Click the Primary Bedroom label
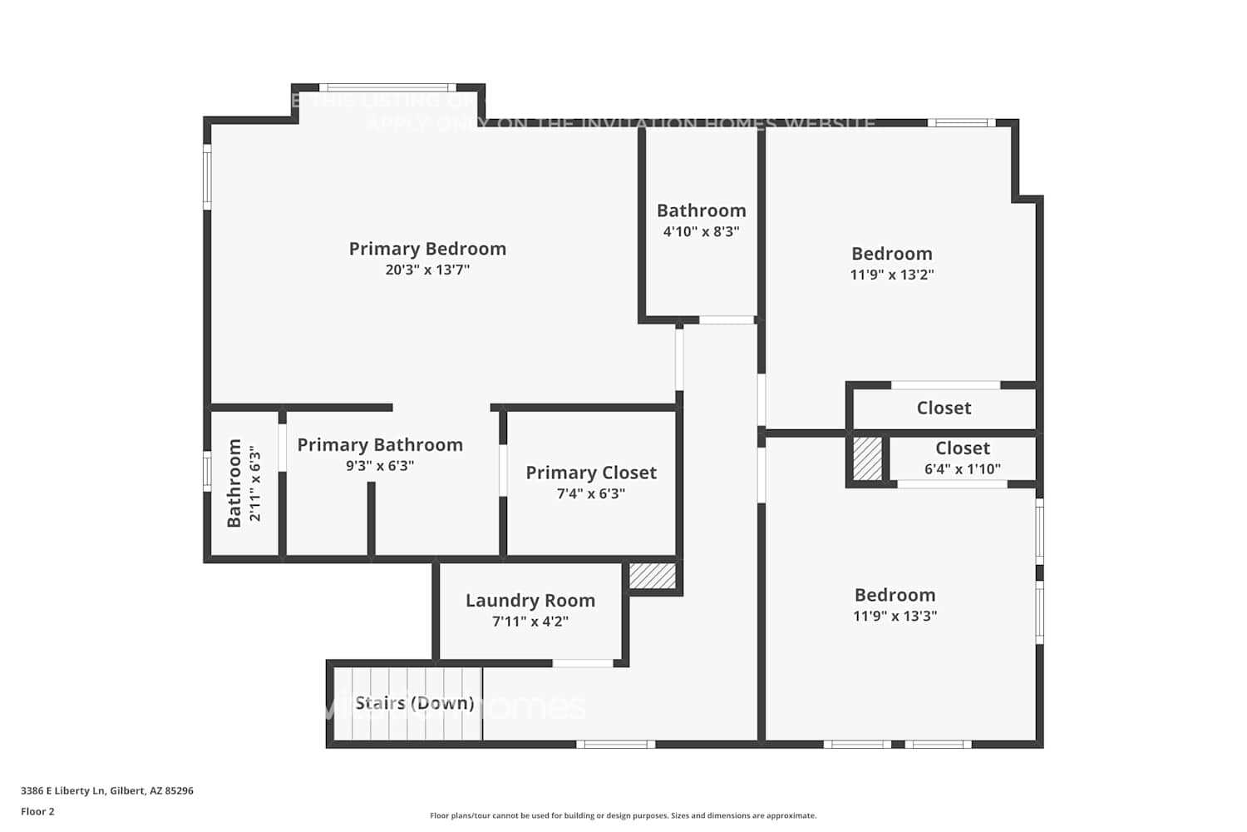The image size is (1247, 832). pyautogui.click(x=427, y=249)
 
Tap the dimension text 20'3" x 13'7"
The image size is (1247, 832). pyautogui.click(x=427, y=270)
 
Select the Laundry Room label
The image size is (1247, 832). pyautogui.click(x=530, y=601)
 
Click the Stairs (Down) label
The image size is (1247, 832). pyautogui.click(x=415, y=703)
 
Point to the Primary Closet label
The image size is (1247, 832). pyautogui.click(x=590, y=473)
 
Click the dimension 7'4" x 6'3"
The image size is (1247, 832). pyautogui.click(x=590, y=493)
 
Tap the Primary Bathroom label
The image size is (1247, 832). pyautogui.click(x=380, y=445)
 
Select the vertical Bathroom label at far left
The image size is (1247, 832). pyautogui.click(x=234, y=483)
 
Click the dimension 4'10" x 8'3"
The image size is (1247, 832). pyautogui.click(x=701, y=231)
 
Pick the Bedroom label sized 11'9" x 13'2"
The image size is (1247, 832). pyautogui.click(x=891, y=254)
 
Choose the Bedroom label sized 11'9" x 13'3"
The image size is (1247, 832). pyautogui.click(x=895, y=595)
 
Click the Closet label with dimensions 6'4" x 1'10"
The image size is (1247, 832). pyautogui.click(x=962, y=448)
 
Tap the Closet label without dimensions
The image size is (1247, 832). pyautogui.click(x=944, y=408)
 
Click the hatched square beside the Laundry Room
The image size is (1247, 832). pyautogui.click(x=653, y=577)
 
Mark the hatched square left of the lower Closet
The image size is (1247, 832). pyautogui.click(x=867, y=458)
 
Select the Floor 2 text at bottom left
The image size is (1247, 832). pyautogui.click(x=37, y=811)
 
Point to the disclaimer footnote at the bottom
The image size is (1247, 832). pyautogui.click(x=623, y=815)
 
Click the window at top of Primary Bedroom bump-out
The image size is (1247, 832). pyautogui.click(x=387, y=87)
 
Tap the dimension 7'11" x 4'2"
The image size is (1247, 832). pyautogui.click(x=530, y=622)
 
